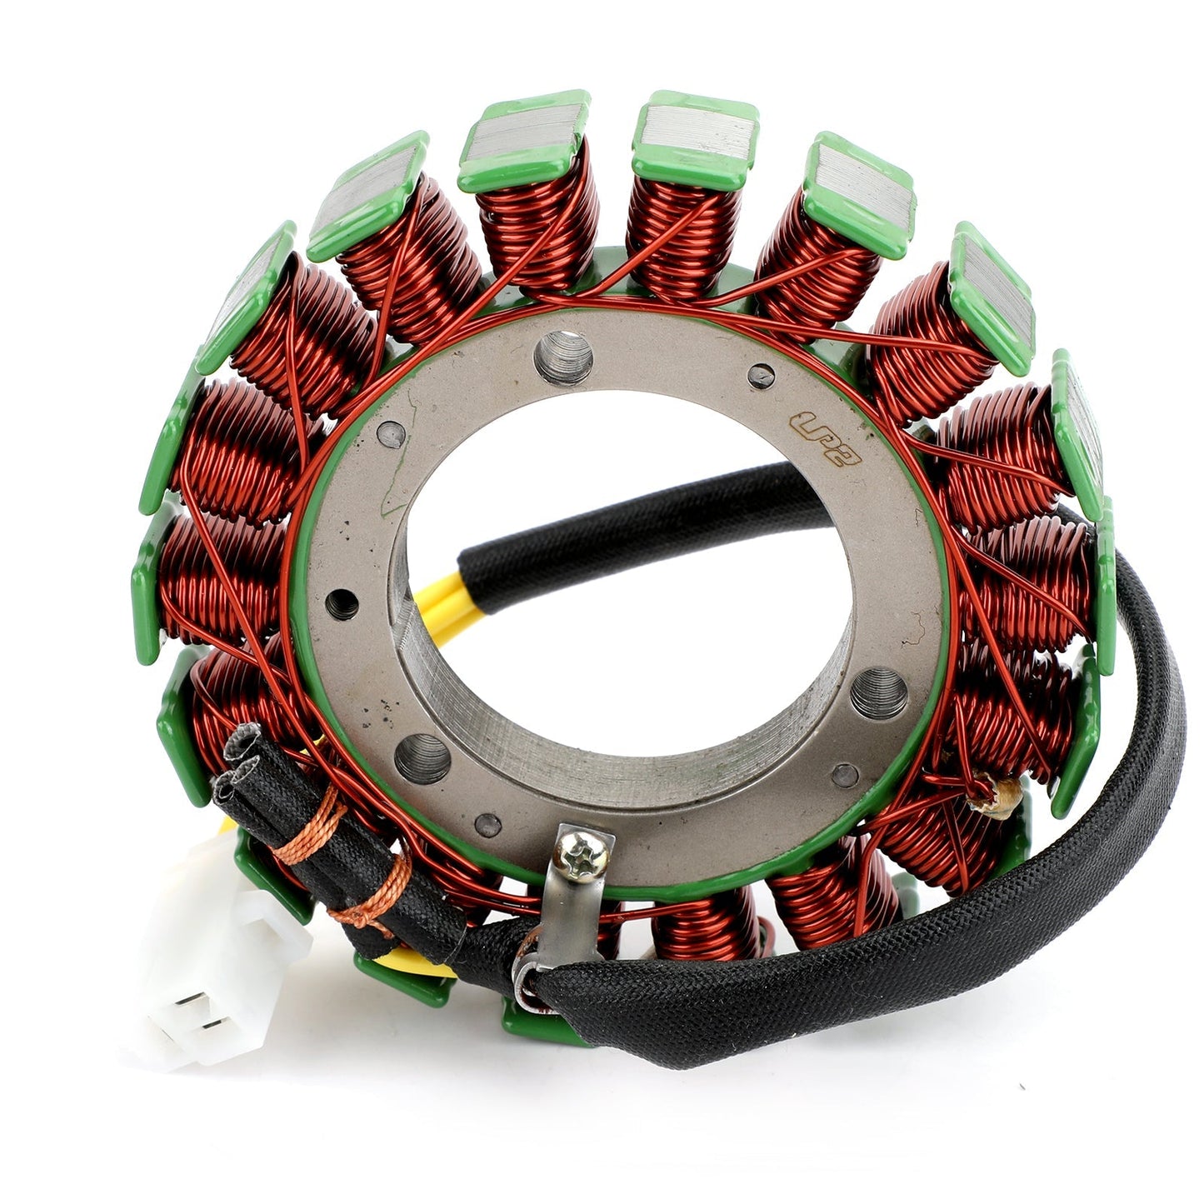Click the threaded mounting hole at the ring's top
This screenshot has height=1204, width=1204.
[x=563, y=357]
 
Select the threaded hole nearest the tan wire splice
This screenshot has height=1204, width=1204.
[x=878, y=693]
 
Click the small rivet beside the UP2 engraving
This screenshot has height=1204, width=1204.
[x=760, y=377]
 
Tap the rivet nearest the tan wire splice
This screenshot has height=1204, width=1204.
[x=845, y=775]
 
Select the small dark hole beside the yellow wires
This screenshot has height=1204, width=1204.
[x=342, y=604]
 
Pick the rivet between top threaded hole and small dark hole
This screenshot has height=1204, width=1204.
[x=391, y=432]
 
